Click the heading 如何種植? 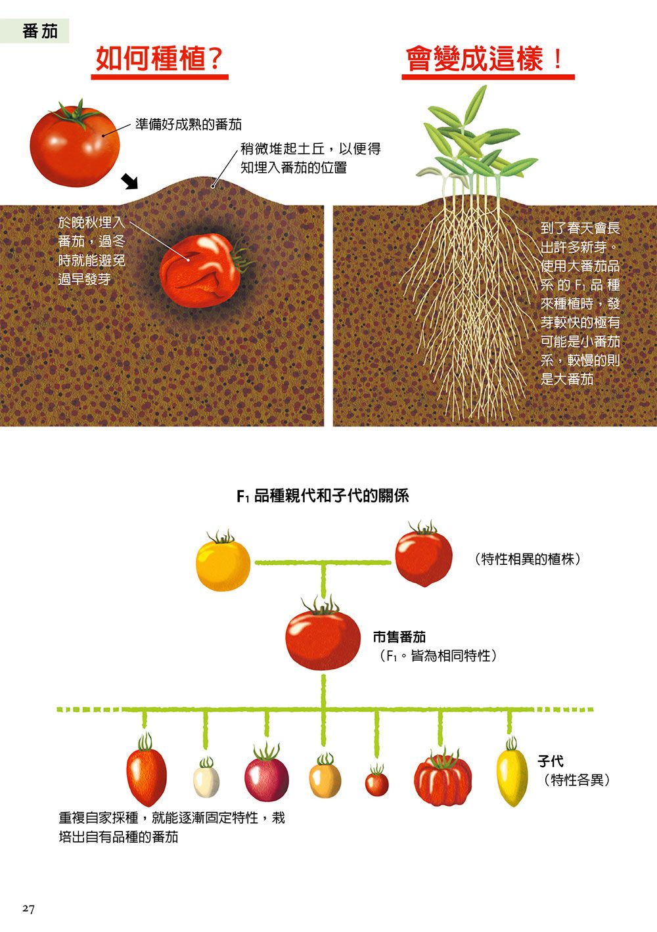pyautogui.click(x=160, y=58)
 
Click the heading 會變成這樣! pyautogui.click(x=485, y=58)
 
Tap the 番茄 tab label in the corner pyautogui.click(x=40, y=32)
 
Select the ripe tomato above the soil pyautogui.click(x=75, y=144)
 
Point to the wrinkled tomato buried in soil pyautogui.click(x=202, y=271)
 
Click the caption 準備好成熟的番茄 pyautogui.click(x=189, y=124)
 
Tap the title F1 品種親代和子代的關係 pyautogui.click(x=323, y=495)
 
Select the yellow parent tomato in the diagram pyautogui.click(x=223, y=562)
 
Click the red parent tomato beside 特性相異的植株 pyautogui.click(x=424, y=554)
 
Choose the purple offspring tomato pyautogui.click(x=267, y=774)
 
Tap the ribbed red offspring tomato pyautogui.click(x=443, y=777)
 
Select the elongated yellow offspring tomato pyautogui.click(x=511, y=772)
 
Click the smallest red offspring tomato pyautogui.click(x=377, y=782)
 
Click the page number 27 pyautogui.click(x=28, y=909)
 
